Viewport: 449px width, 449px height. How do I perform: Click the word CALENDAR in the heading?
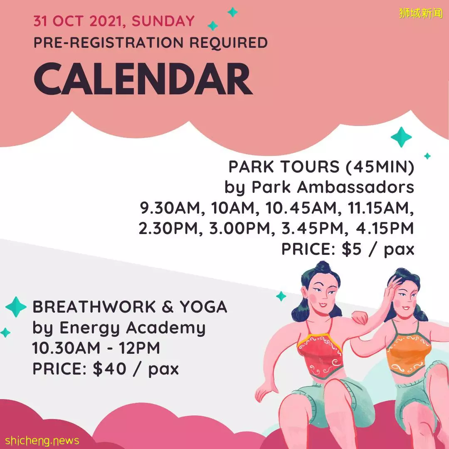[x=143, y=79]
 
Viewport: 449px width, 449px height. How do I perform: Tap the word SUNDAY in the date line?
[x=163, y=21]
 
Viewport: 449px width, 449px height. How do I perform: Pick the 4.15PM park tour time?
[x=385, y=228]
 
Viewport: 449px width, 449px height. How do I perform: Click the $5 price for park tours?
[x=351, y=249]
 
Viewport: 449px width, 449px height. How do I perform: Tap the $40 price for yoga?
[x=109, y=368]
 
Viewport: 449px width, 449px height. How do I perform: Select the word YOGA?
[x=203, y=307]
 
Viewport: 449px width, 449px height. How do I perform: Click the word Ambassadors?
[x=355, y=187]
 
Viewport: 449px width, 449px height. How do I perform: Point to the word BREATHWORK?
[x=94, y=307]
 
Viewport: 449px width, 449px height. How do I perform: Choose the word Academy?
[x=166, y=328]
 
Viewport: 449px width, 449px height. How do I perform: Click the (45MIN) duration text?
[x=380, y=167]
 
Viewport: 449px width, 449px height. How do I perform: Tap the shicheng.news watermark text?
[x=42, y=440]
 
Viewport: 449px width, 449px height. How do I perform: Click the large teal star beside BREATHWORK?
[x=16, y=307]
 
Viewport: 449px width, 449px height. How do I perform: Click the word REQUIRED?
[x=229, y=43]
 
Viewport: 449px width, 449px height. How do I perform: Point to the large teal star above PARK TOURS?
[x=401, y=137]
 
